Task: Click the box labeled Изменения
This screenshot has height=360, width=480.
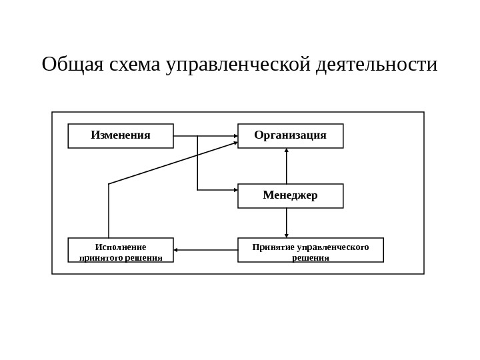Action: (121, 136)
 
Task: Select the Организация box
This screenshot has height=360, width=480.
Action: (290, 136)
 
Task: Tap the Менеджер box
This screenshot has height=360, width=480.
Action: (290, 196)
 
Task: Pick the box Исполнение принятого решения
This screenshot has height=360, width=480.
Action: (121, 250)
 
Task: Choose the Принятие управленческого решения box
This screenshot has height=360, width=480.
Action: (310, 250)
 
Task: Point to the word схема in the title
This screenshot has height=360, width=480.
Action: (135, 65)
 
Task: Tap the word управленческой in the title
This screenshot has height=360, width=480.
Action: (239, 65)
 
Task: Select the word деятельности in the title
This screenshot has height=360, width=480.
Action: (377, 65)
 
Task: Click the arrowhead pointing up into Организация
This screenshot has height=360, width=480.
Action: (287, 151)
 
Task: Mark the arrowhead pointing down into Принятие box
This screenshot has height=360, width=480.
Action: (287, 235)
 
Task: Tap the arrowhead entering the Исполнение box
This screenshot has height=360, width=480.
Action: (176, 250)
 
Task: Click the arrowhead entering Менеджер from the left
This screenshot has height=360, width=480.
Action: (235, 190)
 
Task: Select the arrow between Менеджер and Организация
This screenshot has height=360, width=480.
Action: (287, 167)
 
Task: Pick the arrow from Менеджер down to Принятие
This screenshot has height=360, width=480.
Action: (287, 221)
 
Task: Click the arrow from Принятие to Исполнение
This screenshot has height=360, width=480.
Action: (207, 250)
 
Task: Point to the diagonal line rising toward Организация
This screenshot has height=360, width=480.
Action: (173, 163)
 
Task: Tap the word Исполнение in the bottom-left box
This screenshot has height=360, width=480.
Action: (121, 247)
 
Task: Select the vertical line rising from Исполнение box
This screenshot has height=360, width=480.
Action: (109, 211)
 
